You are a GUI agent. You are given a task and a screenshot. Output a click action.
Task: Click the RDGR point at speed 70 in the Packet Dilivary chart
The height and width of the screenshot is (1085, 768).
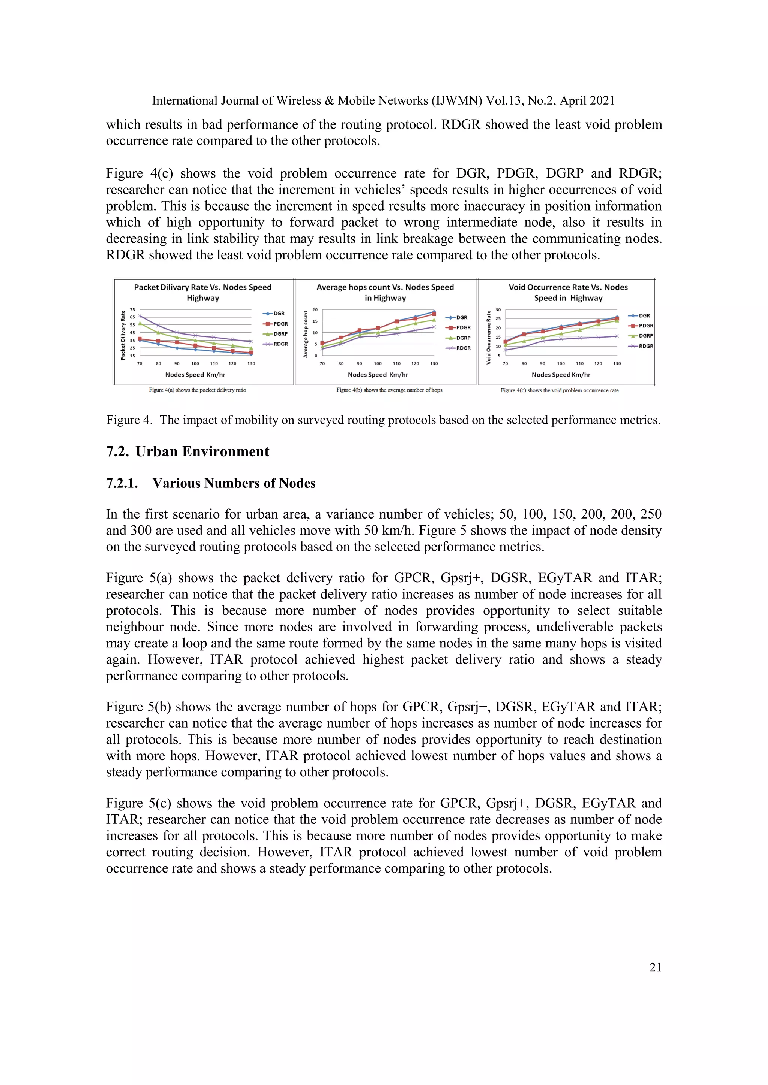click(139, 316)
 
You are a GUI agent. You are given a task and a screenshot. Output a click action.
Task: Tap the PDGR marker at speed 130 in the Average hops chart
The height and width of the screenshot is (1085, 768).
click(433, 314)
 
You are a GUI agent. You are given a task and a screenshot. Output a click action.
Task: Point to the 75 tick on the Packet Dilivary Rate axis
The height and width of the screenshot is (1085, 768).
click(132, 309)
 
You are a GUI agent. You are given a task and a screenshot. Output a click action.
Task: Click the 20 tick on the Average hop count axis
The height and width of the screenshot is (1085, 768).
click(315, 309)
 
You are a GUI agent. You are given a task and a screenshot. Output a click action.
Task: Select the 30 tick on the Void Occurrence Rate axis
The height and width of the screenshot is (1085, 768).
click(498, 309)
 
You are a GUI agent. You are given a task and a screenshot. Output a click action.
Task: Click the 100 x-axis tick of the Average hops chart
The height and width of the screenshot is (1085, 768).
click(378, 363)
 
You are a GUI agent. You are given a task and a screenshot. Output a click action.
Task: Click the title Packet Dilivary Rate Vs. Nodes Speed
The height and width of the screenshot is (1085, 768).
click(202, 287)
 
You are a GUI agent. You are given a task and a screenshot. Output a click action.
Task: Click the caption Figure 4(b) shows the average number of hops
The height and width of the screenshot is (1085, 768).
click(389, 390)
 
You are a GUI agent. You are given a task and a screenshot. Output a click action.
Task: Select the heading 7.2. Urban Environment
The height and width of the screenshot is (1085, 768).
click(188, 452)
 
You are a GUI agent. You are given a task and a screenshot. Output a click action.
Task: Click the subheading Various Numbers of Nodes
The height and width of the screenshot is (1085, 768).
click(234, 483)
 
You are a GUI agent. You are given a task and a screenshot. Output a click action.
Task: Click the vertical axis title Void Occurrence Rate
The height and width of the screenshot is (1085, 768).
click(489, 337)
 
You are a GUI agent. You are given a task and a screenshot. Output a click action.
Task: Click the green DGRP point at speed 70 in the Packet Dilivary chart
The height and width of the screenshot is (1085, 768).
click(139, 324)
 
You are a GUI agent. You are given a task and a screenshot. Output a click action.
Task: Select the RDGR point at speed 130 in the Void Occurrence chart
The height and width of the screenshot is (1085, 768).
click(616, 336)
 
